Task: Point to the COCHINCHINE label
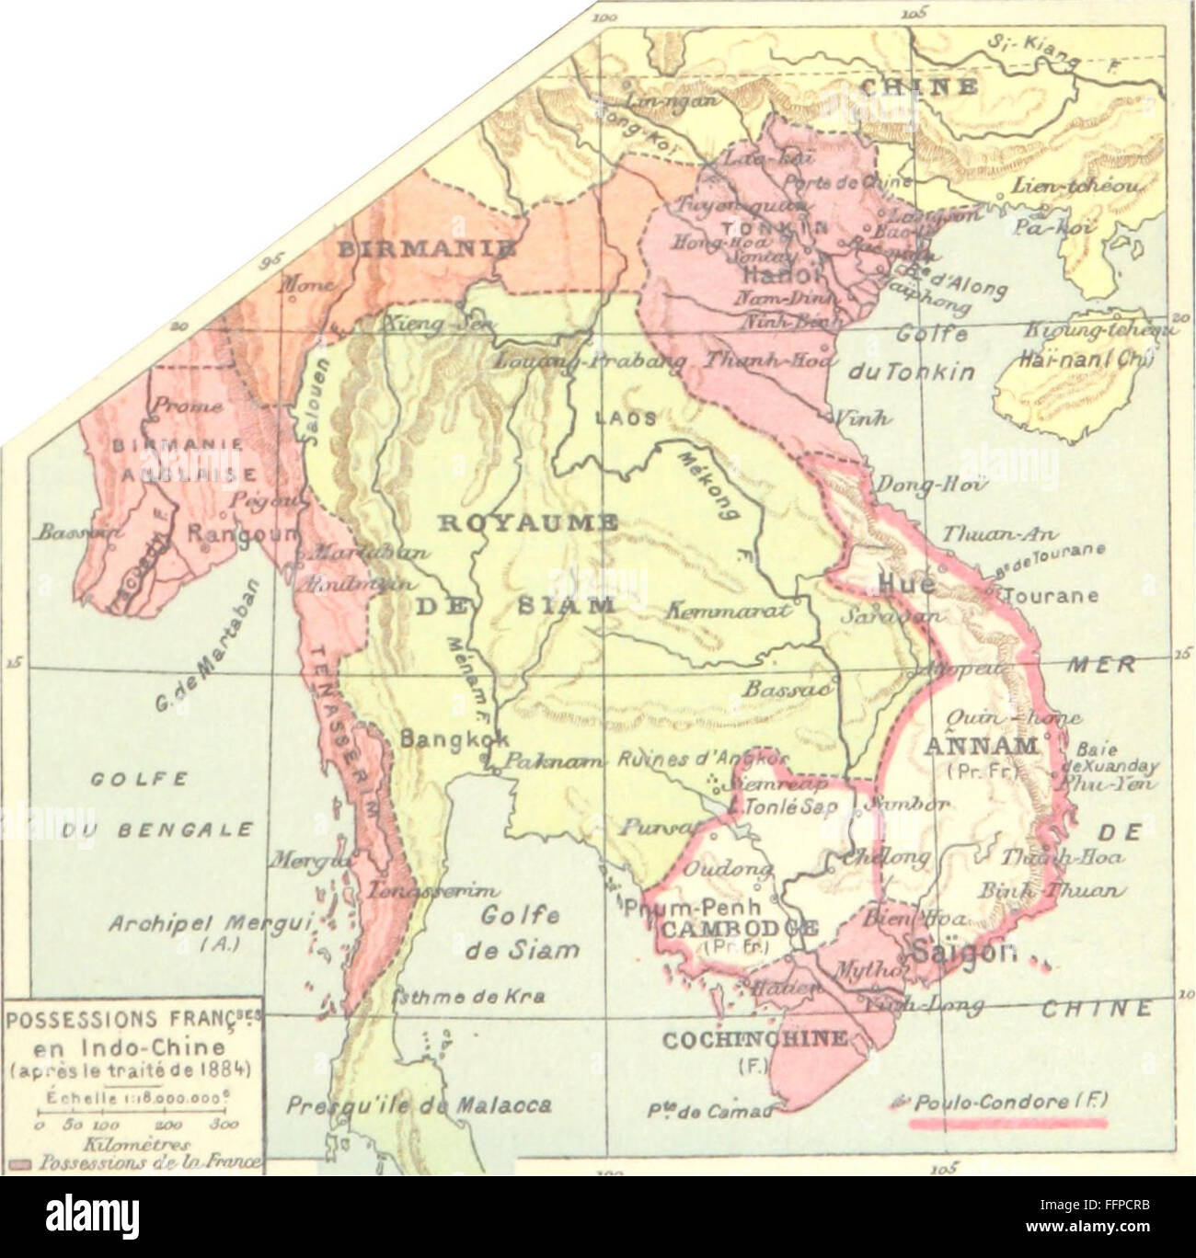(x=754, y=1038)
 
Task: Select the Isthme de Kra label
(x=467, y=997)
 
